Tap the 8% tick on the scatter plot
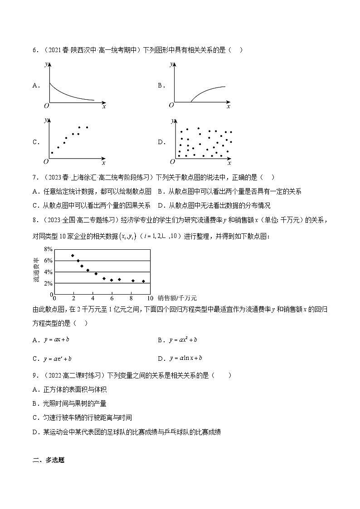(x=49, y=249)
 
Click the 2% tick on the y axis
(x=49, y=283)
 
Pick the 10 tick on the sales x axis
(x=150, y=298)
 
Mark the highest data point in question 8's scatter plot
(x=73, y=256)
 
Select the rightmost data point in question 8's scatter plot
(x=143, y=281)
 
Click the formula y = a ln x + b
(x=185, y=358)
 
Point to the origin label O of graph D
(x=172, y=162)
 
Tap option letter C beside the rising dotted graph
(x=35, y=142)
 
